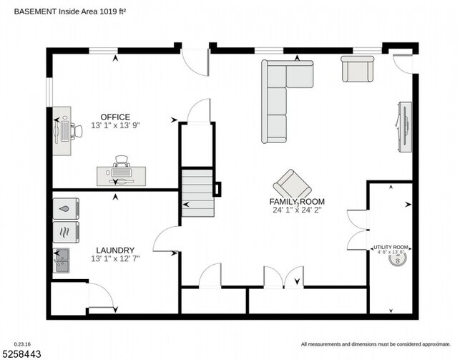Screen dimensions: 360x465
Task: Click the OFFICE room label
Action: pyautogui.click(x=115, y=117)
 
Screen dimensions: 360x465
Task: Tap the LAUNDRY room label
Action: pyautogui.click(x=115, y=250)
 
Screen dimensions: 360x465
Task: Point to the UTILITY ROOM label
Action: pyautogui.click(x=391, y=248)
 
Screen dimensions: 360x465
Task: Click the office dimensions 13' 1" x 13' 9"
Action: pyautogui.click(x=115, y=125)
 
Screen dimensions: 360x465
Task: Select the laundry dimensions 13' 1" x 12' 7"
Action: pyautogui.click(x=115, y=258)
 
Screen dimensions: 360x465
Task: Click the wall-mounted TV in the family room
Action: pyautogui.click(x=404, y=127)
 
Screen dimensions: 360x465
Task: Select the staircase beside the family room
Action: pyautogui.click(x=197, y=193)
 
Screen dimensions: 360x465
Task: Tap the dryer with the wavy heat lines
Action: pyautogui.click(x=65, y=231)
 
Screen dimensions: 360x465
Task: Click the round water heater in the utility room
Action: pyautogui.click(x=396, y=260)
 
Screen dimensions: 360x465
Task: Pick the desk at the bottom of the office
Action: pyautogui.click(x=122, y=174)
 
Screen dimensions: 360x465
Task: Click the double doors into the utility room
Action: pyautogui.click(x=358, y=230)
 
